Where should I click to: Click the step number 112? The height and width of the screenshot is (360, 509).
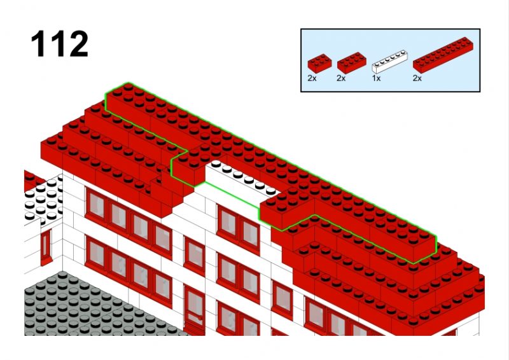click(59, 44)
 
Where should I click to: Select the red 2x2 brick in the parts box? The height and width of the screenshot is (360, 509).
click(319, 64)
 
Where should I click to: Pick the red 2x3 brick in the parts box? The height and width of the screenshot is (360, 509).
click(352, 62)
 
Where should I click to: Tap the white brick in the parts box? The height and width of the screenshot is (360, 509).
click(389, 62)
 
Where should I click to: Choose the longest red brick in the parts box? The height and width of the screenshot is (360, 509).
click(443, 55)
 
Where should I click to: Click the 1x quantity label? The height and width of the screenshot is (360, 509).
click(376, 78)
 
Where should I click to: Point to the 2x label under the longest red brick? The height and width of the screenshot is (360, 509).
click(417, 78)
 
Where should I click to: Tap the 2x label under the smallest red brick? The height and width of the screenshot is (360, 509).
click(312, 78)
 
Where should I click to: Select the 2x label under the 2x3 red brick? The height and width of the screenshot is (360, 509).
click(341, 78)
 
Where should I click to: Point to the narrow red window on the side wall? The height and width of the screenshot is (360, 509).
click(46, 247)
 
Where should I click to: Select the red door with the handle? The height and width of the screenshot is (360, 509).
click(195, 310)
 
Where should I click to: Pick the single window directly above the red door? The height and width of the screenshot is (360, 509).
click(195, 256)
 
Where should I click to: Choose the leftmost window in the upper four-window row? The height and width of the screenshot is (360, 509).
click(97, 205)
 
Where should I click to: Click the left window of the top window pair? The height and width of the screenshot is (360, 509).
click(228, 223)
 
